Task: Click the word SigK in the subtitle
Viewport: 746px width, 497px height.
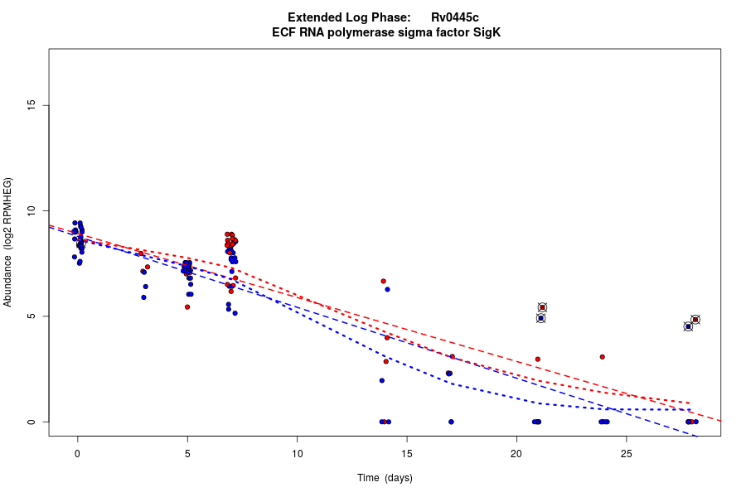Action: pyautogui.click(x=487, y=33)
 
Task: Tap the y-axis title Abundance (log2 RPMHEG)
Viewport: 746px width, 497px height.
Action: pyautogui.click(x=8, y=242)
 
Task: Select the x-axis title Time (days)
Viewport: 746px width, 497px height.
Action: pyautogui.click(x=385, y=478)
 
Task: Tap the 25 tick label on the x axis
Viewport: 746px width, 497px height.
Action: pyautogui.click(x=626, y=453)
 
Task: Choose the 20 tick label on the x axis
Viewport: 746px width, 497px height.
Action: pyautogui.click(x=516, y=453)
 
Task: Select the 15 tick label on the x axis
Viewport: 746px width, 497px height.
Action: pyautogui.click(x=406, y=453)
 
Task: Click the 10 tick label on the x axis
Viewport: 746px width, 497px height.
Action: pyautogui.click(x=297, y=453)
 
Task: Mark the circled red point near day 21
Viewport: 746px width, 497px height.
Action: pyautogui.click(x=542, y=307)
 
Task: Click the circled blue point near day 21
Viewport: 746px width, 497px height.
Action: pyautogui.click(x=540, y=318)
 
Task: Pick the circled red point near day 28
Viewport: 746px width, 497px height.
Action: pyautogui.click(x=695, y=320)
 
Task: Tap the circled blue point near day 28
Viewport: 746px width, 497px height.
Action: pyautogui.click(x=688, y=326)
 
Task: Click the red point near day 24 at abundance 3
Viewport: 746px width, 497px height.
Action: pyautogui.click(x=603, y=357)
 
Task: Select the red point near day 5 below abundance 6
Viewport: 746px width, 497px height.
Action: pyautogui.click(x=187, y=306)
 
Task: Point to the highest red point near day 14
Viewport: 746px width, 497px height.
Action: pyautogui.click(x=383, y=281)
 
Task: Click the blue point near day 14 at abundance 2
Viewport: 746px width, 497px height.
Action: pyautogui.click(x=381, y=380)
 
